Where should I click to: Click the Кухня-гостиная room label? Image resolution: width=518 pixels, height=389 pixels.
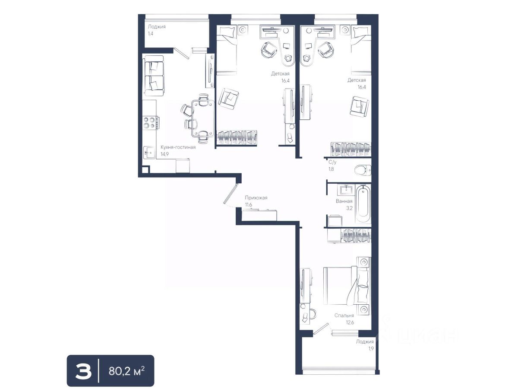click(x=178, y=147)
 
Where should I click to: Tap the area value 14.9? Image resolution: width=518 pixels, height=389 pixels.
click(x=164, y=154)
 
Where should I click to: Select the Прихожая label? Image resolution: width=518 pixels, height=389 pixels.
click(x=256, y=198)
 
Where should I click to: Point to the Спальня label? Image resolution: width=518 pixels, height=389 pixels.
click(x=344, y=316)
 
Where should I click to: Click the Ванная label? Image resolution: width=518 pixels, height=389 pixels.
click(x=344, y=201)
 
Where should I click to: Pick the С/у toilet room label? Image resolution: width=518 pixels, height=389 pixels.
click(x=332, y=162)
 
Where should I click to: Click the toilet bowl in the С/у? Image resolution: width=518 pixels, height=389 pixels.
click(x=363, y=170)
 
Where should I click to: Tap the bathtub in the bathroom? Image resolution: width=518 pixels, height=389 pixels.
click(x=363, y=204)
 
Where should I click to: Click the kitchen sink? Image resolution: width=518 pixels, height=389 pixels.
click(x=149, y=153)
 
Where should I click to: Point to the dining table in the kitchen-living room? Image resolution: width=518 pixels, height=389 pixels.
click(x=203, y=118)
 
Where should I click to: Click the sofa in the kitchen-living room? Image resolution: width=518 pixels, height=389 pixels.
click(x=154, y=76)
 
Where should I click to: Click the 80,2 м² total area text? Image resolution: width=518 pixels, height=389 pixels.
click(x=126, y=371)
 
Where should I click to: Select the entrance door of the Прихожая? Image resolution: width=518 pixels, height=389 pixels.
click(x=230, y=194)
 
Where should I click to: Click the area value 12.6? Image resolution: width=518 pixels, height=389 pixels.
click(x=350, y=322)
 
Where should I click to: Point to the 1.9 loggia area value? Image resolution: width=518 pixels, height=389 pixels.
click(x=371, y=348)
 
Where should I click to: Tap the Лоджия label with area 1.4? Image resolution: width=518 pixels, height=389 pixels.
click(x=157, y=27)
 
